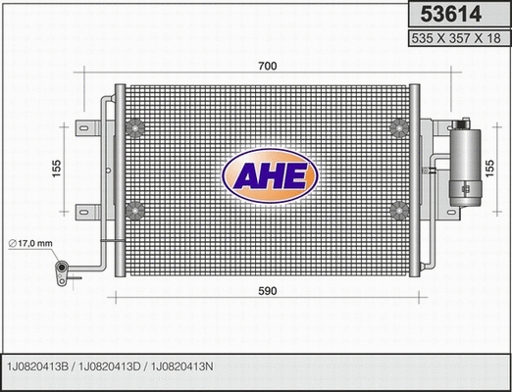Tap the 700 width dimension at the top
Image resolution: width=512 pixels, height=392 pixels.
coord(268,66)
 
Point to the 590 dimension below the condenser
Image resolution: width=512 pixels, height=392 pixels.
coord(268,291)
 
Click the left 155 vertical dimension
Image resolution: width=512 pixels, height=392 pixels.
coord(57,168)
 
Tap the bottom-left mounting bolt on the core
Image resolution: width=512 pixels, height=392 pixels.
coord(136,208)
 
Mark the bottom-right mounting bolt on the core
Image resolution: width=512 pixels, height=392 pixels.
coord(399,208)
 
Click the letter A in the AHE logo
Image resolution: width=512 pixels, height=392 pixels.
coord(244,175)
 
